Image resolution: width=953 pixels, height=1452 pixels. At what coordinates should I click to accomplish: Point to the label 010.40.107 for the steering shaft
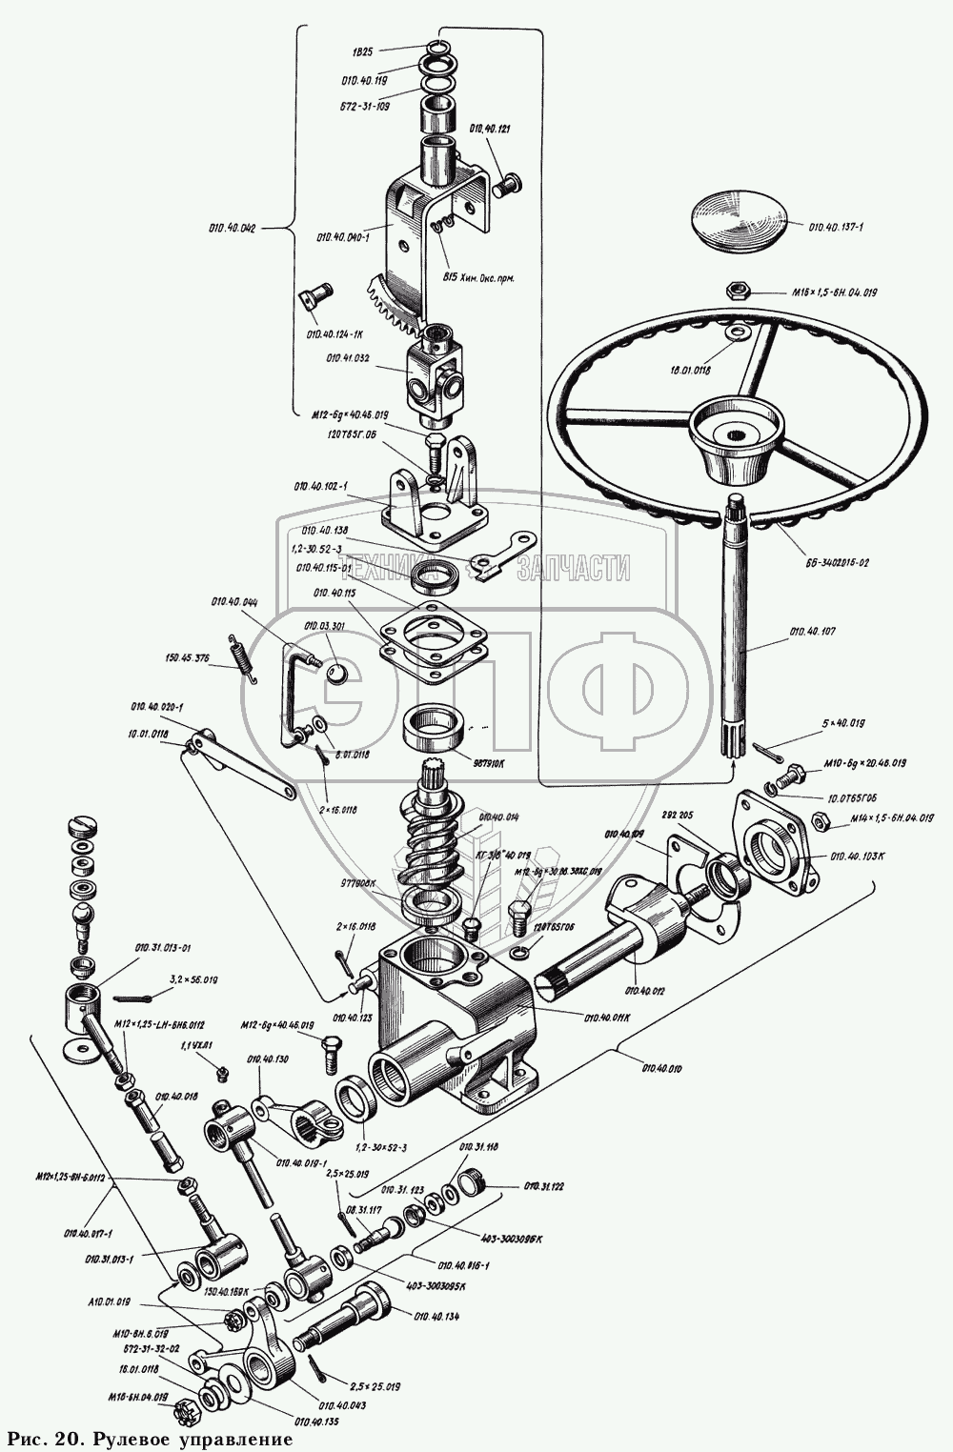click(813, 632)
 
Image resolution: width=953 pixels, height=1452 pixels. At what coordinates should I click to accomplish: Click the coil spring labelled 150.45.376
click(243, 657)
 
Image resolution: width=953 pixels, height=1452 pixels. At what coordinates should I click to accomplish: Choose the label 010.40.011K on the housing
click(606, 1017)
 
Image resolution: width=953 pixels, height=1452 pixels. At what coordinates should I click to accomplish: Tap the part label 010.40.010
click(661, 1068)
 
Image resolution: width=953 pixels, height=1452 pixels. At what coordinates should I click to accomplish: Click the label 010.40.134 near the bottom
click(437, 1316)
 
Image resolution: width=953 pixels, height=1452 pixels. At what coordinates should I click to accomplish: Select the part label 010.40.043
click(343, 1405)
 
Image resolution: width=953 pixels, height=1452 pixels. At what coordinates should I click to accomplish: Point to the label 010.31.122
click(545, 1186)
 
